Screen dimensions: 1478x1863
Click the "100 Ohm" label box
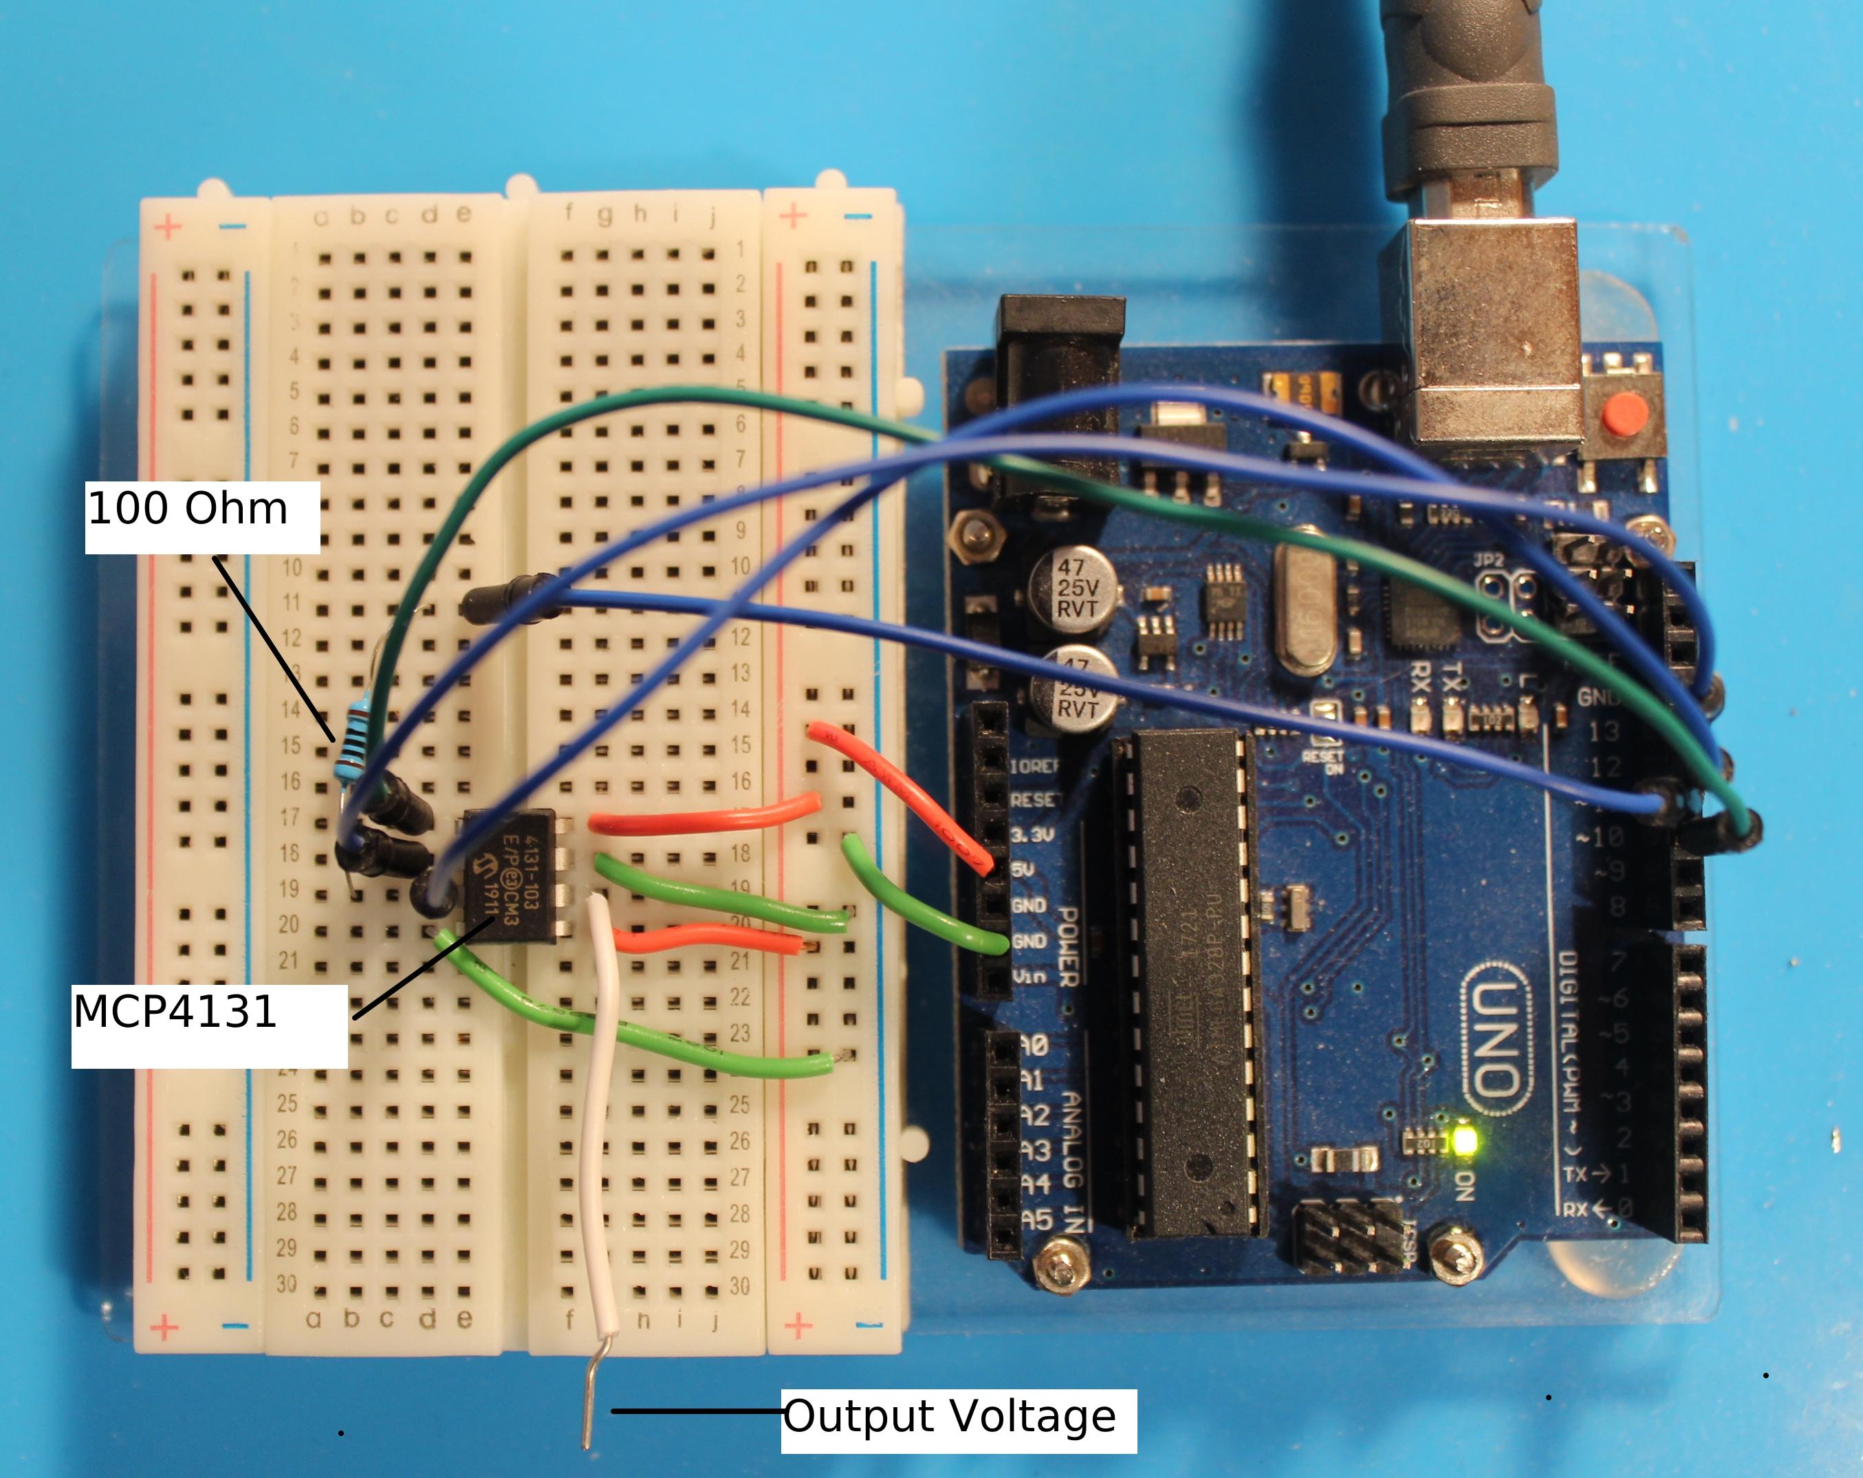[x=202, y=517]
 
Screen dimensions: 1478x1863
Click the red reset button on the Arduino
[x=1624, y=414]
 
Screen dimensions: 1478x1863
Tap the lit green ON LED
[x=1465, y=1141]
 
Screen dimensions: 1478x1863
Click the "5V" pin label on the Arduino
[x=1022, y=869]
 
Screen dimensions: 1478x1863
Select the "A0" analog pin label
[x=1034, y=1046]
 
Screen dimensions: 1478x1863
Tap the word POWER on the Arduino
[x=1068, y=946]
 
